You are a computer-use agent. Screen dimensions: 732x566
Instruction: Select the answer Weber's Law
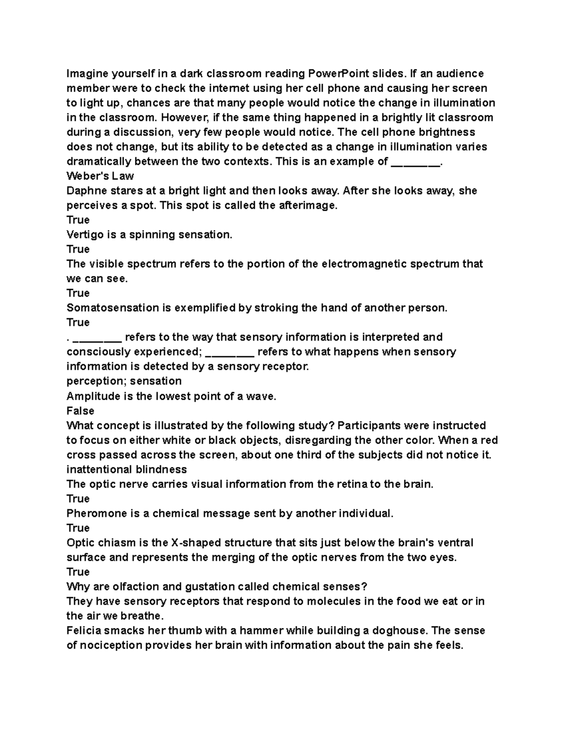(100, 176)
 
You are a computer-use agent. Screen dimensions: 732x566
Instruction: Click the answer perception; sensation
(124, 381)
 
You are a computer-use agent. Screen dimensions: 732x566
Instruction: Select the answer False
(80, 411)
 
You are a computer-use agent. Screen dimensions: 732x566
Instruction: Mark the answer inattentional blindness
(126, 469)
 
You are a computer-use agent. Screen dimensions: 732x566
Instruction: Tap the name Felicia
(83, 631)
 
